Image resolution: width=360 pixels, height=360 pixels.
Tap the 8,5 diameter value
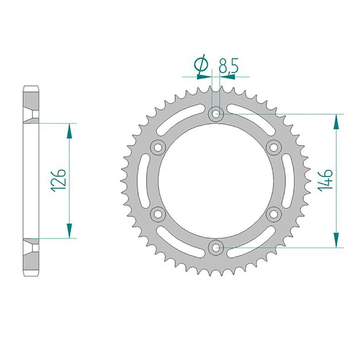228,66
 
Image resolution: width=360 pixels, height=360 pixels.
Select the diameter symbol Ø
201,65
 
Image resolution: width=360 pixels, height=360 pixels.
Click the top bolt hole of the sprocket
216,114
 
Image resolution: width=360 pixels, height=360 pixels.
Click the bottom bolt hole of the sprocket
216,247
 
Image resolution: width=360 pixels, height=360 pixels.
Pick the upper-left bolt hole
158,147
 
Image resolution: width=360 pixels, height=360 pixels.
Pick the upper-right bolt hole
274,147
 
